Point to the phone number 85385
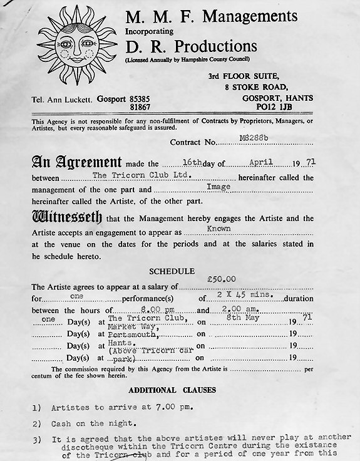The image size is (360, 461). point(151,99)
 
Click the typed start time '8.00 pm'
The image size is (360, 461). point(139,308)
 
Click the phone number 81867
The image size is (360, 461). point(151,108)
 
